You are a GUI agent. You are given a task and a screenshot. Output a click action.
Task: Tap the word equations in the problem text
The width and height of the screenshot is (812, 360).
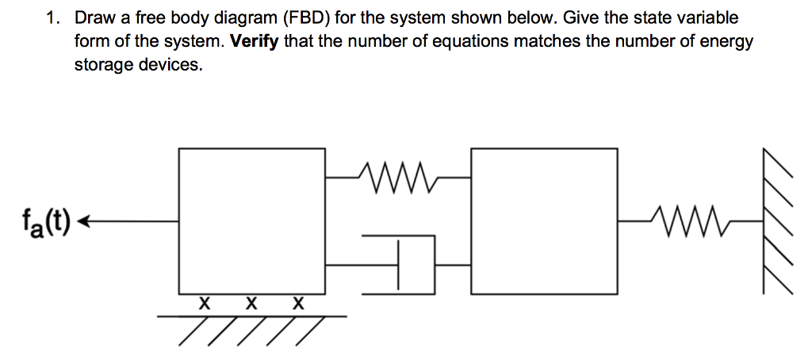(x=473, y=41)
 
